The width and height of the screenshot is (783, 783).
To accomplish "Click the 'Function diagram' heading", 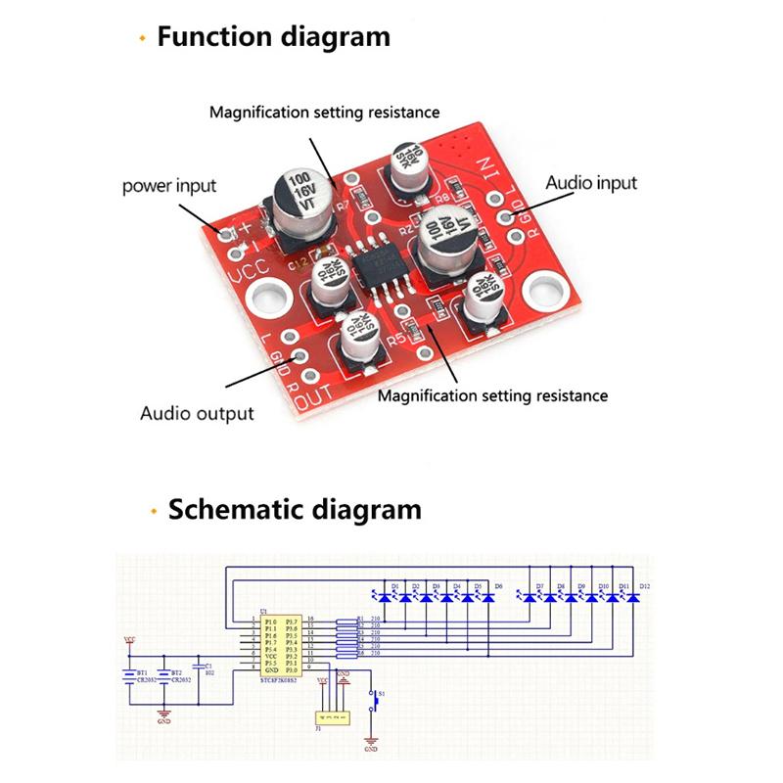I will (x=273, y=37).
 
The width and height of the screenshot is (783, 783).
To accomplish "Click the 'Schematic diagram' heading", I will (x=294, y=510).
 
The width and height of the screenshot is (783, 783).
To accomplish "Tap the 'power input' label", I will (x=169, y=185).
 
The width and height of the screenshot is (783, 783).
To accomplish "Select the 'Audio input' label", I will (x=590, y=183).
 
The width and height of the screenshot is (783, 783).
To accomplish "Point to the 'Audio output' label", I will (x=197, y=413).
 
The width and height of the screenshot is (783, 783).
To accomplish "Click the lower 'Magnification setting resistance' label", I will (x=492, y=395).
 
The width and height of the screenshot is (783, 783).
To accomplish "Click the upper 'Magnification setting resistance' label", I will (x=324, y=112).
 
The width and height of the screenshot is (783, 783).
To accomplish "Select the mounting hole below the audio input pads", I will (x=542, y=291).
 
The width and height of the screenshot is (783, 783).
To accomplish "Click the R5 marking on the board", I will (x=396, y=340).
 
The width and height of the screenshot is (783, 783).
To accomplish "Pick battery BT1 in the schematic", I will (x=130, y=675).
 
